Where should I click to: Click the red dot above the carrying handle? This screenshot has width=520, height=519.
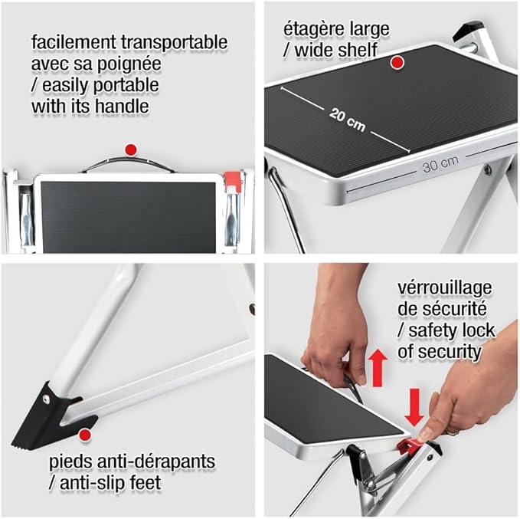131,149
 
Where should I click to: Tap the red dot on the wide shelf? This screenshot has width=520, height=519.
397,62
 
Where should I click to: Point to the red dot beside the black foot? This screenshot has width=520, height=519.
85,435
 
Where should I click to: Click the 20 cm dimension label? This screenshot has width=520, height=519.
347,120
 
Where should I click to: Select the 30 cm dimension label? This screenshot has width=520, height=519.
441,164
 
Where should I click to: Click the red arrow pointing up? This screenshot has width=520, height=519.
378,368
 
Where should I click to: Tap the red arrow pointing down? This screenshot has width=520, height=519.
414,408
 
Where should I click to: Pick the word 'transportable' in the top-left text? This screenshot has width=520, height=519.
174,43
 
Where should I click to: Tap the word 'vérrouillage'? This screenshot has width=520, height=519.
445,288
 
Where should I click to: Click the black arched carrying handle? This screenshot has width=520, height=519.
128,164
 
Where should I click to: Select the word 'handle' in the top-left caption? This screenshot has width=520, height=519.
122,107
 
